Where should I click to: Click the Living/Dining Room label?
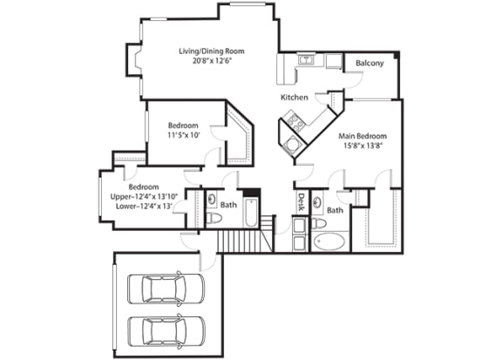pyautogui.click(x=211, y=51)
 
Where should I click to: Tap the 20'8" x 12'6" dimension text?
pyautogui.click(x=211, y=63)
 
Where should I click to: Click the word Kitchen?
pyautogui.click(x=295, y=98)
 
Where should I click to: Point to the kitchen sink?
pyautogui.click(x=305, y=60)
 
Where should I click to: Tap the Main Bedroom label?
pyautogui.click(x=363, y=137)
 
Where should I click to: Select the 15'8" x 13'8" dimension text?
pyautogui.click(x=363, y=148)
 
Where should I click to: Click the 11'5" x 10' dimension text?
pyautogui.click(x=183, y=136)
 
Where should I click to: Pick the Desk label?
pyautogui.click(x=302, y=202)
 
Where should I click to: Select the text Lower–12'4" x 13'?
pyautogui.click(x=144, y=207)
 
